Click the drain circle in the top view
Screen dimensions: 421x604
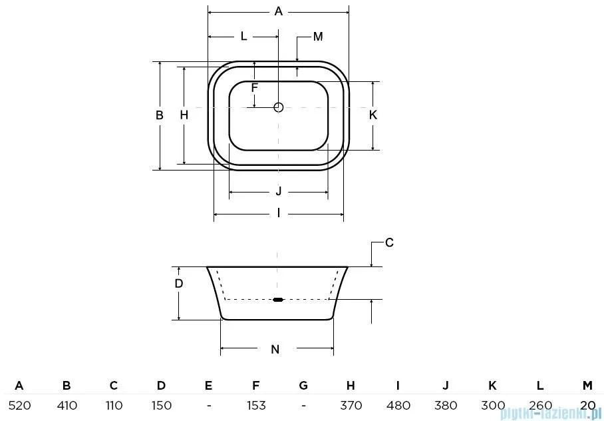[279, 107]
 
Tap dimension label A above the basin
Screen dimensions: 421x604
[279, 11]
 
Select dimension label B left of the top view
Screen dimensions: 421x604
[160, 115]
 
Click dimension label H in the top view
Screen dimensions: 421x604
[184, 115]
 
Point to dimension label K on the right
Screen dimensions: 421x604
[373, 115]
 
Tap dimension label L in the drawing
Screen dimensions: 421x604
[243, 37]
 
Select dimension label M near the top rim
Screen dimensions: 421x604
[318, 37]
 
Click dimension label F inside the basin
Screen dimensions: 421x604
[254, 87]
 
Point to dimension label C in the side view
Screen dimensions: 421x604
[390, 242]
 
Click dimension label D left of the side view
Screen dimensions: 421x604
[178, 283]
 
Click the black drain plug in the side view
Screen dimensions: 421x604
[278, 300]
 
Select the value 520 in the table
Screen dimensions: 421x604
[19, 405]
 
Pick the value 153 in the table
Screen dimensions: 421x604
[256, 405]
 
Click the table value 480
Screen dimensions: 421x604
[398, 405]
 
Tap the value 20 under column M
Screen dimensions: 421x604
[587, 405]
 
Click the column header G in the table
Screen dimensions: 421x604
[303, 385]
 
